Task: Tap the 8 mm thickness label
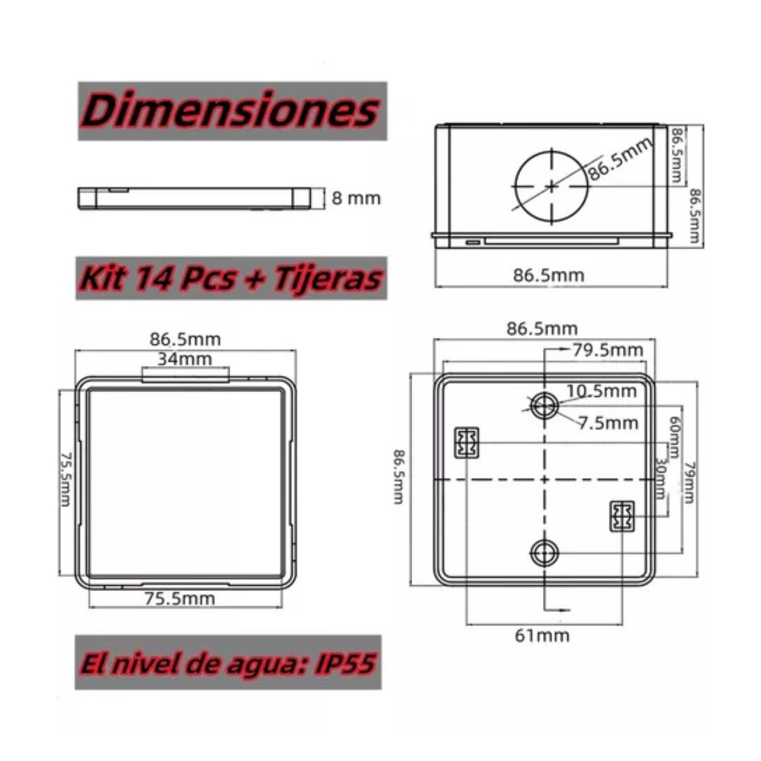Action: click(x=356, y=198)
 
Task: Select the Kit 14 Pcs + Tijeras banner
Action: click(x=231, y=278)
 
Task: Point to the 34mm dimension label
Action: click(x=185, y=359)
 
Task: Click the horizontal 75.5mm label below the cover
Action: click(x=179, y=599)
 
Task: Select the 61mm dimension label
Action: click(x=542, y=635)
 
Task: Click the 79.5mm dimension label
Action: click(x=607, y=350)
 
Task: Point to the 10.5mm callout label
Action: click(x=601, y=391)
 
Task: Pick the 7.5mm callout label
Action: click(x=608, y=423)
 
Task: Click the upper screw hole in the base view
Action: click(x=544, y=405)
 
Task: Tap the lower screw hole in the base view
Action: click(x=544, y=554)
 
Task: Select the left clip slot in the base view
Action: click(x=466, y=442)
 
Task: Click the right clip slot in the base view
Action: click(x=621, y=516)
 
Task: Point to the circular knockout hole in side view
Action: click(x=551, y=185)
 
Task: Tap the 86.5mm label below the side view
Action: click(x=549, y=275)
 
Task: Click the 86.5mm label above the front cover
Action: click(x=185, y=339)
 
